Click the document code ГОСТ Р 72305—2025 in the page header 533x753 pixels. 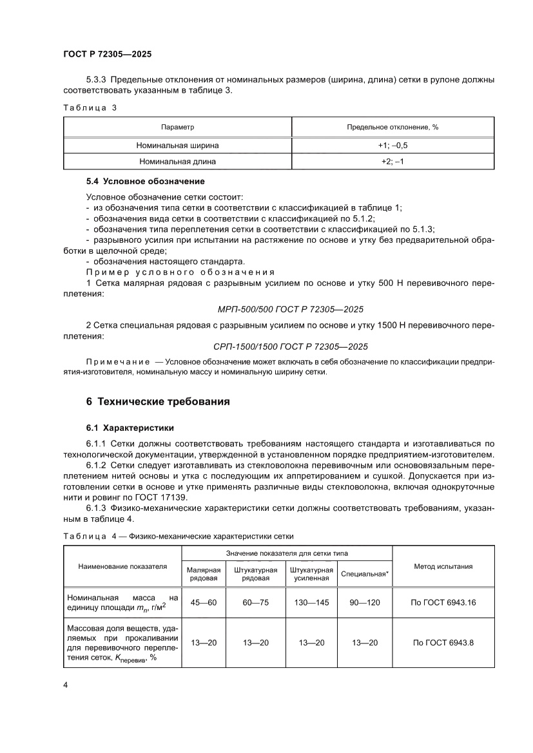coord(107,55)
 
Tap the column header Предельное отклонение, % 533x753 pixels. coord(392,128)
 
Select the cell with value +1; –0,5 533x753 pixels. coord(392,145)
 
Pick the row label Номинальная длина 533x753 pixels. coord(177,162)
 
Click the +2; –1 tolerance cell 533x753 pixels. coord(392,162)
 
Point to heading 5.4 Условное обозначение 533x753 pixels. coord(145,181)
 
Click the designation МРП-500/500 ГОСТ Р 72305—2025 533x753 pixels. coord(291,309)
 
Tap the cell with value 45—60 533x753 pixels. coord(204,603)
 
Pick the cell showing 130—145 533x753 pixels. coord(311,603)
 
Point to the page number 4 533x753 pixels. coord(66,684)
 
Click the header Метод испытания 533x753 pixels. coord(443,566)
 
